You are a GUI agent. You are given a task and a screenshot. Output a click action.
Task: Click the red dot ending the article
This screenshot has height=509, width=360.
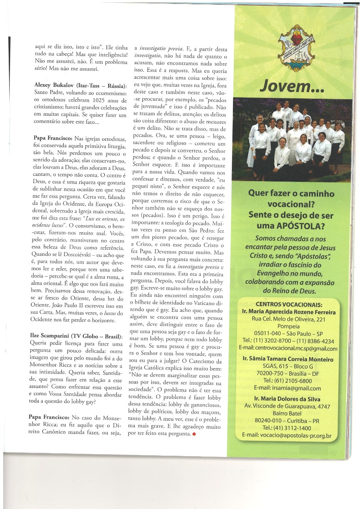194,434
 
